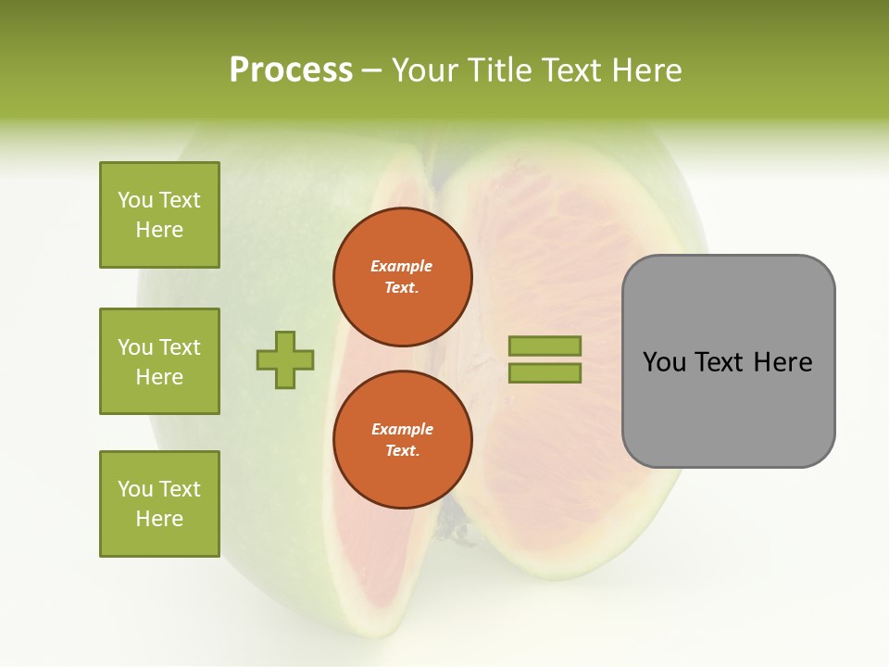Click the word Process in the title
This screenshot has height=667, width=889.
click(291, 70)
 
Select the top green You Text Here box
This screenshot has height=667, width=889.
click(159, 215)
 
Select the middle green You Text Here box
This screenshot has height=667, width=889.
click(159, 361)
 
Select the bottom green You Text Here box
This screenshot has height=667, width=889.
click(159, 504)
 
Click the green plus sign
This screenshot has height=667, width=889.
click(285, 359)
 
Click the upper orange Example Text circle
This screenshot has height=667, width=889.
click(403, 277)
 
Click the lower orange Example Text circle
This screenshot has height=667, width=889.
click(403, 440)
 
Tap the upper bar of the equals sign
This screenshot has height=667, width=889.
click(545, 346)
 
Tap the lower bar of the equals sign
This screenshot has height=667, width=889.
click(545, 373)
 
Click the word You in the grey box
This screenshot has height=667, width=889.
click(665, 362)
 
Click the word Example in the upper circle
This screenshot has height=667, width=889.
click(402, 266)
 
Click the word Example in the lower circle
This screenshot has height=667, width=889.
click(402, 429)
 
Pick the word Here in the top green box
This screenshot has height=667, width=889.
click(159, 230)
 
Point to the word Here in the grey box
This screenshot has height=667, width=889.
click(783, 362)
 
